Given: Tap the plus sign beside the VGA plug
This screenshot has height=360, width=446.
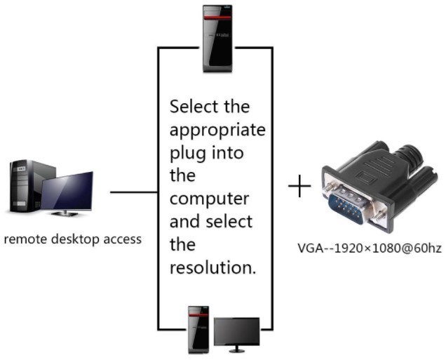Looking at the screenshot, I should pos(299,186).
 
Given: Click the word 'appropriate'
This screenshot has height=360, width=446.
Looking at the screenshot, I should pos(218,131).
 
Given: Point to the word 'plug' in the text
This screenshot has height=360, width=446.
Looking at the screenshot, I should pos(184,153).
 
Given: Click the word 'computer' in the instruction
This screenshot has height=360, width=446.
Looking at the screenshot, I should pos(209,199).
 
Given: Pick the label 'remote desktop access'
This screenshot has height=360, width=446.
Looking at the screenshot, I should pos(73,239).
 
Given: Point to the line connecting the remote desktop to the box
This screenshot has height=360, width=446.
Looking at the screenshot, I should pos(133,191).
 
